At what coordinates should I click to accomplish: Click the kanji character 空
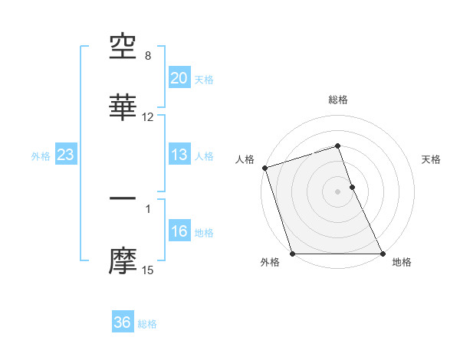(123, 48)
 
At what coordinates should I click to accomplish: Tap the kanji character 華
(123, 108)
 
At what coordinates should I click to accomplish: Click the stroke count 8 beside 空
(148, 56)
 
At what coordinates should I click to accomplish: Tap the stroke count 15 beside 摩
(148, 270)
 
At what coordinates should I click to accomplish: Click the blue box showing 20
(179, 77)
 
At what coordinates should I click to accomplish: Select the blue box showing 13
(179, 155)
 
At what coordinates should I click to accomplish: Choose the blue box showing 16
(179, 231)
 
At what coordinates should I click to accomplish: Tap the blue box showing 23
(66, 155)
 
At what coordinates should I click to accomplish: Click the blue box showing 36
(123, 322)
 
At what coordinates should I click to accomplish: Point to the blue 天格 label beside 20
(204, 79)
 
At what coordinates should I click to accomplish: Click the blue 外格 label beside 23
(41, 156)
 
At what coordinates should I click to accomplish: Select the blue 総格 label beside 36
(148, 324)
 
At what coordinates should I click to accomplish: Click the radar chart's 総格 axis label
(338, 100)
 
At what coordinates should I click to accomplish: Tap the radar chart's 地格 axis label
(402, 262)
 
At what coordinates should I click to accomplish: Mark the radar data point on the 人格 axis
(264, 168)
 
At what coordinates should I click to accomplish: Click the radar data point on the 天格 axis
(352, 187)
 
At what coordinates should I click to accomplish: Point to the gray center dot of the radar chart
(338, 191)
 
